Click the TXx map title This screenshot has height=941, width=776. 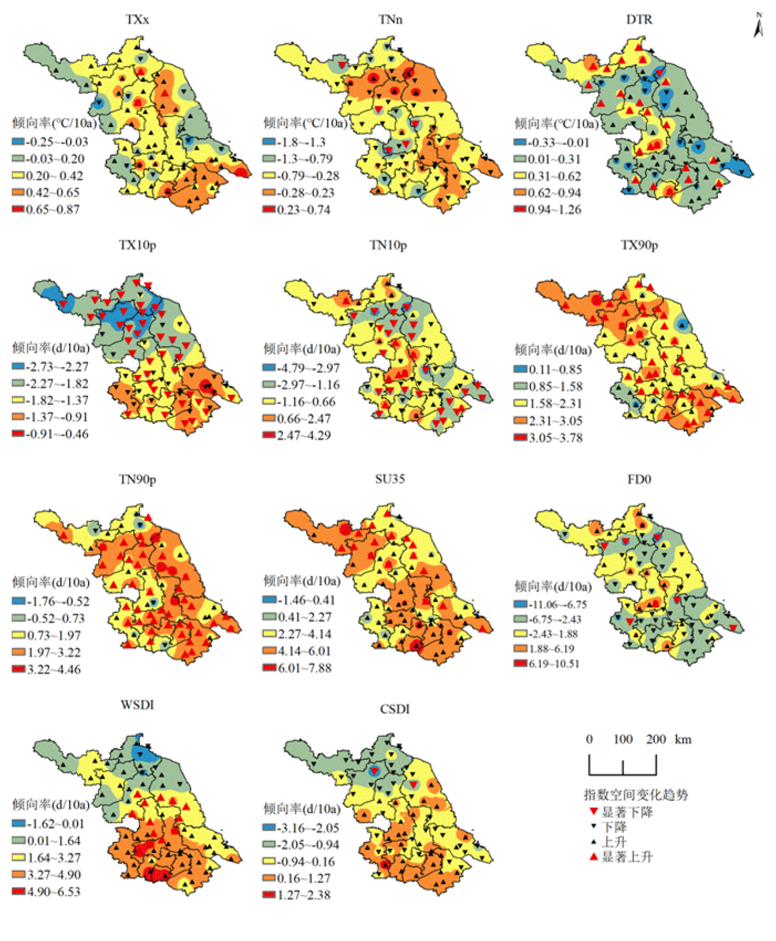(137, 20)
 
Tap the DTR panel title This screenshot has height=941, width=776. (639, 20)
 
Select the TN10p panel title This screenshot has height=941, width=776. (388, 245)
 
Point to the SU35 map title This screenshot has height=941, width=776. (390, 479)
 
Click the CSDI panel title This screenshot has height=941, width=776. (395, 709)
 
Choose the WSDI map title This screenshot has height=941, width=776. (137, 705)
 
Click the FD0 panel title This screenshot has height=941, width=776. (639, 479)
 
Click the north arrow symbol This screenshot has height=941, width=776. (758, 26)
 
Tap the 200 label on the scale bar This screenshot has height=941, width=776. (656, 739)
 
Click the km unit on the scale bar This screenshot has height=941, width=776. (683, 739)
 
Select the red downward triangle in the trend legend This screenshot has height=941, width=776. (593, 811)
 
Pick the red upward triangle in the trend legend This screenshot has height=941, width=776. (593, 857)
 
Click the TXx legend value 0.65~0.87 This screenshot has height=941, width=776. (53, 209)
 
